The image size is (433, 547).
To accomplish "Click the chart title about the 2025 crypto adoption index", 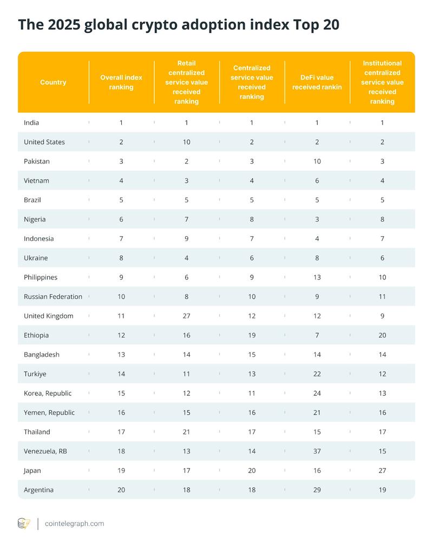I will click(179, 25).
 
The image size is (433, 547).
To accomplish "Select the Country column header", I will click(53, 82).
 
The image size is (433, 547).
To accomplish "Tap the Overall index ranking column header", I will click(121, 82).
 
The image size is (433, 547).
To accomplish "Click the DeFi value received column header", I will click(317, 82).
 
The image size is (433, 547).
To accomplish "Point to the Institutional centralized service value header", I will click(382, 82).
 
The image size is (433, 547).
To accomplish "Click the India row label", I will click(31, 123).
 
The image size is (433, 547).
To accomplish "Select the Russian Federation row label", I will click(53, 297).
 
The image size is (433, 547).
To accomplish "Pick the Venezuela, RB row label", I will click(45, 451).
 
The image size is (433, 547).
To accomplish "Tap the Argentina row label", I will click(39, 490).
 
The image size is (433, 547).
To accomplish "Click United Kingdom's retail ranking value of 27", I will click(187, 316).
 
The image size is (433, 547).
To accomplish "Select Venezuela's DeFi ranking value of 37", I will click(317, 451).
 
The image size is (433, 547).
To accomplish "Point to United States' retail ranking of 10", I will click(187, 142).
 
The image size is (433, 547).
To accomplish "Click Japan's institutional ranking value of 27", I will click(382, 471).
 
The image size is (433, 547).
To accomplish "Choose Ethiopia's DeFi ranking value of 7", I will click(317, 335).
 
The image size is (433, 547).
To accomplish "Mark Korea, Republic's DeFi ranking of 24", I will click(317, 393).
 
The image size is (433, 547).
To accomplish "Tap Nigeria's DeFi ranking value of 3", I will click(317, 219).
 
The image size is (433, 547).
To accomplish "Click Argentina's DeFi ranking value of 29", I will click(317, 490).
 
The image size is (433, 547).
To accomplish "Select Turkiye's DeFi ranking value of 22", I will click(317, 374).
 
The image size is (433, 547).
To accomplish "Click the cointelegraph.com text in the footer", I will click(75, 524).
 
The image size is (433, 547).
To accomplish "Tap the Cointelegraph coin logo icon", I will click(24, 524).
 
